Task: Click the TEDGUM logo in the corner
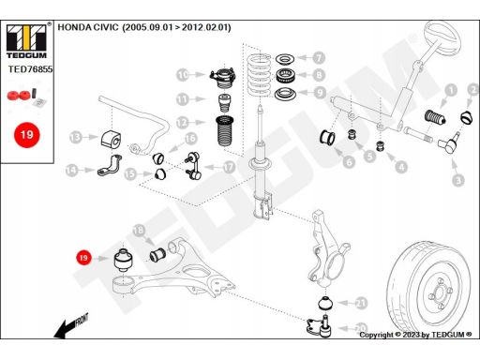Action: (26, 41)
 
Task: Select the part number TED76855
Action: (30, 69)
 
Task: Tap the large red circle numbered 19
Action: (27, 135)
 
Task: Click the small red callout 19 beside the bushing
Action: (83, 258)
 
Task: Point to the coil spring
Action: (259, 75)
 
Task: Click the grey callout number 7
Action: (319, 57)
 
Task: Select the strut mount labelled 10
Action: (223, 79)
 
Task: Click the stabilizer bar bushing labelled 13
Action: (111, 140)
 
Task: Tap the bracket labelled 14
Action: (110, 165)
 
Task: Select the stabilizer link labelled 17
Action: (193, 166)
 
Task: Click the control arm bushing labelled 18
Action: (157, 255)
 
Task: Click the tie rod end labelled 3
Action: (449, 143)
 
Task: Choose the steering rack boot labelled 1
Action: (434, 117)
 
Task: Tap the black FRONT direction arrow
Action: (70, 326)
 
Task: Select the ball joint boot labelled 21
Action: (325, 303)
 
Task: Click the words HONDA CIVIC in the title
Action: (88, 27)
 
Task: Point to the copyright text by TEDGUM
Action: (415, 335)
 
